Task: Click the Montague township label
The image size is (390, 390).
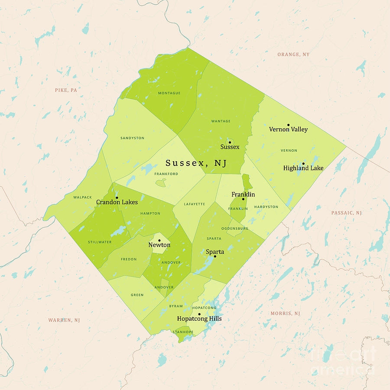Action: click(x=169, y=93)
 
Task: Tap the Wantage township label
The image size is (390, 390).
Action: click(x=221, y=121)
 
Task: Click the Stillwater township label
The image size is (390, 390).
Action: click(x=99, y=242)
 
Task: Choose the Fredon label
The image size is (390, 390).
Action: click(x=129, y=260)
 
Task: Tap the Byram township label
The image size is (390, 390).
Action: click(x=176, y=306)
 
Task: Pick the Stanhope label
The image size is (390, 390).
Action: click(x=183, y=332)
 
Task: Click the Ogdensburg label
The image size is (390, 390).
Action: click(x=234, y=228)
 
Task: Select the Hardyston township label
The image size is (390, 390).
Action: click(x=266, y=207)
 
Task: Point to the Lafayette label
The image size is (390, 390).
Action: click(x=194, y=204)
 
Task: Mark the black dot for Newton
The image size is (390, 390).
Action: click(x=159, y=240)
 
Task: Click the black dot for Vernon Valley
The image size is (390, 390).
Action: click(x=288, y=124)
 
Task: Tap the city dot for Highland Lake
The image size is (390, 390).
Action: click(x=303, y=163)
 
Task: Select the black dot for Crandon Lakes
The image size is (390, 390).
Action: click(x=117, y=197)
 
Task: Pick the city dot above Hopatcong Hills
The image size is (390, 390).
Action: click(x=199, y=314)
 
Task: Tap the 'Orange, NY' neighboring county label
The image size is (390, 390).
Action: click(x=293, y=55)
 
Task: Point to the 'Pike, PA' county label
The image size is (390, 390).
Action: click(x=66, y=90)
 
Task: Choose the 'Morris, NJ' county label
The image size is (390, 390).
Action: click(x=285, y=313)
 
